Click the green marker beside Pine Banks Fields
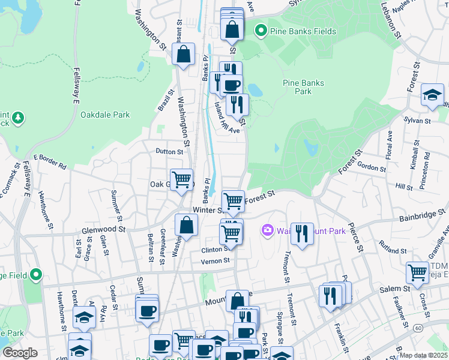(261, 29)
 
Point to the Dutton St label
(169, 152)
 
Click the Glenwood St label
(104, 229)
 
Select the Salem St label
(394, 289)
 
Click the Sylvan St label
(418, 121)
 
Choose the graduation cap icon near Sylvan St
(432, 95)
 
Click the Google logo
(20, 353)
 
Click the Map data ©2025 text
(424, 355)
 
